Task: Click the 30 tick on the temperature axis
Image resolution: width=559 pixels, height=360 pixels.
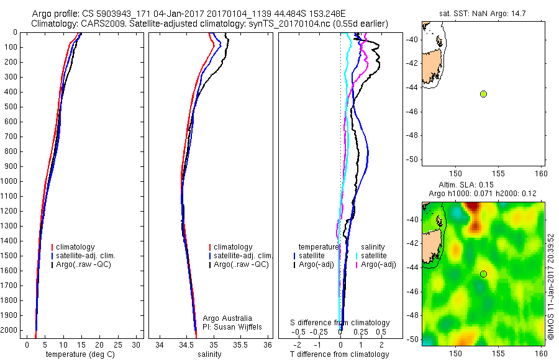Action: (136, 344)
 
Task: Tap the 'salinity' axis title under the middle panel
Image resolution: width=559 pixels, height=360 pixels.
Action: (209, 354)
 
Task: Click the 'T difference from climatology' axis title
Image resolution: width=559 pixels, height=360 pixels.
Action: (339, 354)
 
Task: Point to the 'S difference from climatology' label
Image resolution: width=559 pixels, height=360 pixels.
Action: (340, 323)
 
